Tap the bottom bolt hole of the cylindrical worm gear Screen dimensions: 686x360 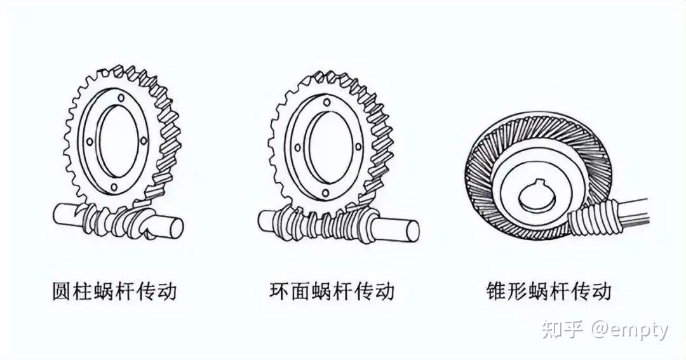coord(114,187)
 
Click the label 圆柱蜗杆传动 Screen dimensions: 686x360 coord(114,291)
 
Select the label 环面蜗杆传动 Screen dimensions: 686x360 coord(332,291)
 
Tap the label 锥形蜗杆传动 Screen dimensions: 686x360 coord(548,291)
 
